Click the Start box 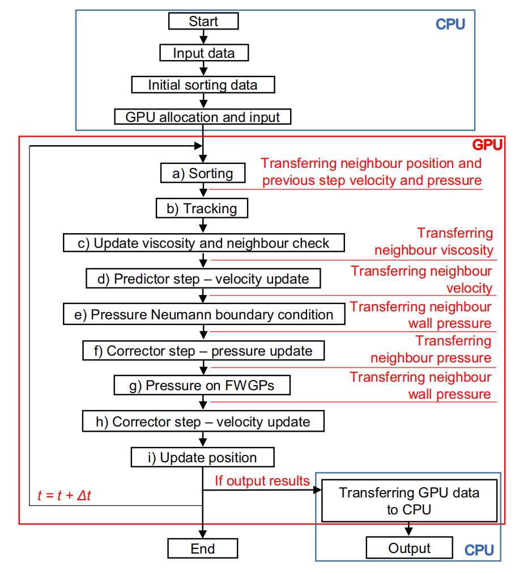click(x=203, y=22)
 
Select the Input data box click(x=203, y=53)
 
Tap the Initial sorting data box click(x=203, y=85)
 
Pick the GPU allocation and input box click(x=203, y=117)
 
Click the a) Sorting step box click(x=202, y=174)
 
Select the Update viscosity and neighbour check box click(x=203, y=243)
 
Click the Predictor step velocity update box click(x=203, y=278)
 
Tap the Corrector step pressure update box click(x=203, y=351)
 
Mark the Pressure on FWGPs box click(x=202, y=386)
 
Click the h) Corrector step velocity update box click(x=203, y=422)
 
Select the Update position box click(x=203, y=457)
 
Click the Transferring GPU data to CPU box click(x=409, y=501)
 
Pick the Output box click(x=409, y=548)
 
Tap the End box click(x=203, y=548)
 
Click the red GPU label click(x=487, y=145)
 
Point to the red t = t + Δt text click(x=64, y=495)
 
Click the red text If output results click(x=262, y=481)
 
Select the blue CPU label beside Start click(x=450, y=24)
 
